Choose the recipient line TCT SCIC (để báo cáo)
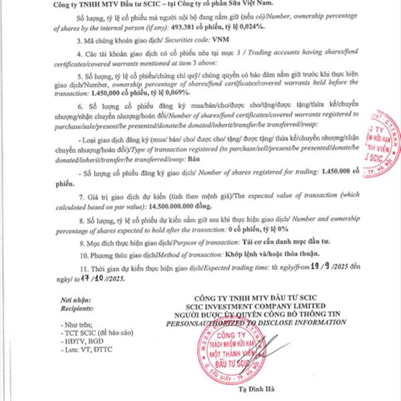(104, 332)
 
